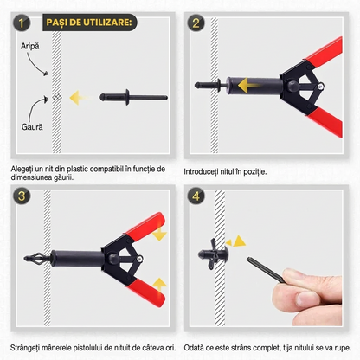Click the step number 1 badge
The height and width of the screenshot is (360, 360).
point(22,22)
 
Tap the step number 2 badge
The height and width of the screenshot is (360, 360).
point(196,22)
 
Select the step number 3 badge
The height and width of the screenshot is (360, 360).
point(22,196)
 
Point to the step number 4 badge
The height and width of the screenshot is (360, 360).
point(196,196)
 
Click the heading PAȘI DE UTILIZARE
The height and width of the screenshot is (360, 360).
point(89,22)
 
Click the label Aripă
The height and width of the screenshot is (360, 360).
point(29,46)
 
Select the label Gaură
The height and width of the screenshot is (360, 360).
point(32,126)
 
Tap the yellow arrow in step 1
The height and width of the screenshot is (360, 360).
point(79,98)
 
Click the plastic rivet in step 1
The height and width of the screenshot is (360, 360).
point(133,97)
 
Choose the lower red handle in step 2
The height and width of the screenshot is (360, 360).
point(325,121)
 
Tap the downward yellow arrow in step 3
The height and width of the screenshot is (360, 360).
point(159,233)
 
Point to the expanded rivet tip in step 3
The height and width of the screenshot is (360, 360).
point(34,258)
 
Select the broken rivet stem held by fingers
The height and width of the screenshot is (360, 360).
point(265,270)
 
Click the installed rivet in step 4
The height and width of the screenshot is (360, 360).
point(213,254)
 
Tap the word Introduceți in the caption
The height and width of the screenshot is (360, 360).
point(201,172)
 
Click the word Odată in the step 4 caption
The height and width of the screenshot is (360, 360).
point(194,348)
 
